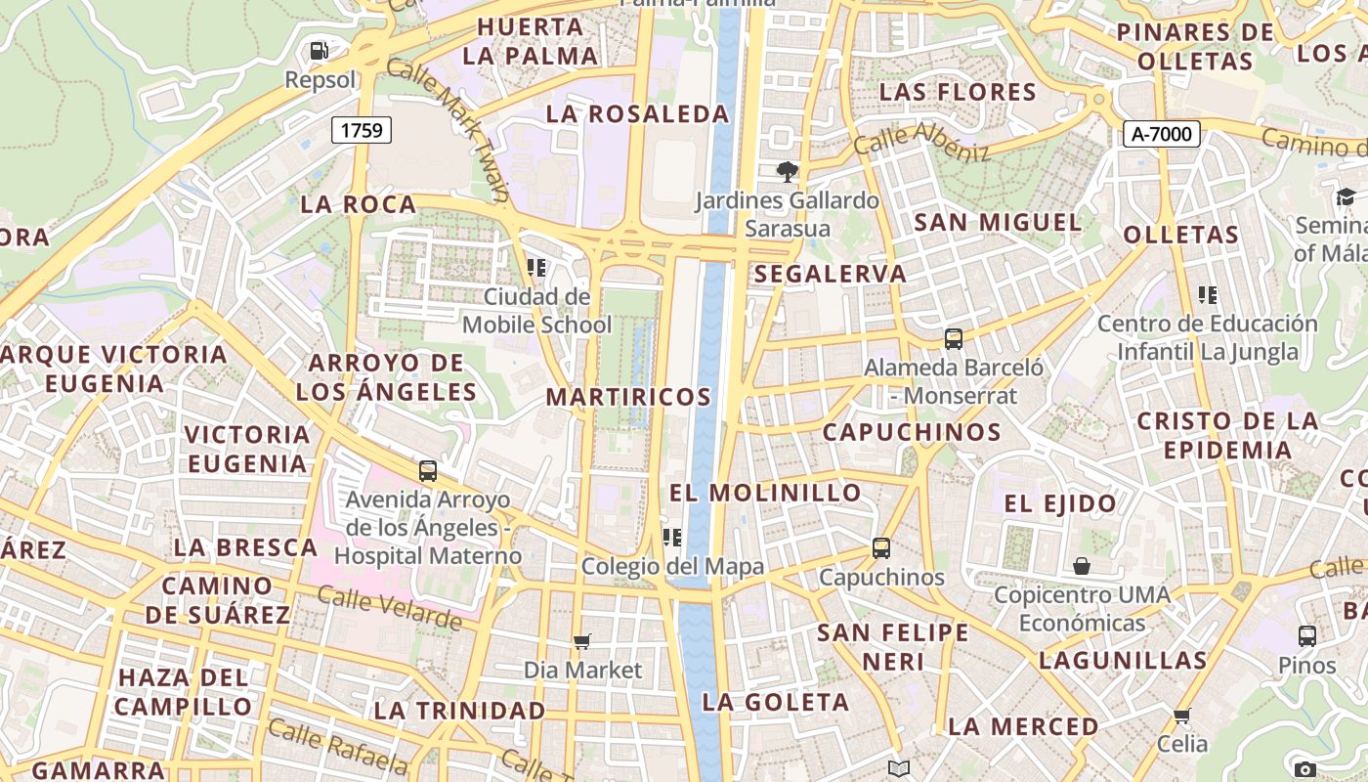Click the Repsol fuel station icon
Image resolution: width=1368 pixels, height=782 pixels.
tap(319, 51)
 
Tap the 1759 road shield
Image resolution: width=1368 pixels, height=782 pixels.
tap(362, 130)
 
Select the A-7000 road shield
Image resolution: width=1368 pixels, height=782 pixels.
tap(1161, 134)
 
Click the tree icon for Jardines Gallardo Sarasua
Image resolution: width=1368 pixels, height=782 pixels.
tap(787, 173)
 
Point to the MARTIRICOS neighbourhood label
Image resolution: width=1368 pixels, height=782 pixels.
tap(628, 397)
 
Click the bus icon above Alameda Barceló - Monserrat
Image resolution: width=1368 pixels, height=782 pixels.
tap(954, 339)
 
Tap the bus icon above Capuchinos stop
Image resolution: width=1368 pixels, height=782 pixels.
tap(881, 548)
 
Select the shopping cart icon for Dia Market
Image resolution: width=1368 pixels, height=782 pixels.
tap(582, 642)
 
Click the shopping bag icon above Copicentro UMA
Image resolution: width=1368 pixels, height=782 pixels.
tap(1082, 566)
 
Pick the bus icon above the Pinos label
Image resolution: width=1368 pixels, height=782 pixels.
tap(1307, 636)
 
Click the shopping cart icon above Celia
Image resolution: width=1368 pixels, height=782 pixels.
tap(1182, 716)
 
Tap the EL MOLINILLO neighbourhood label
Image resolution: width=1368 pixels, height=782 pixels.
tap(765, 493)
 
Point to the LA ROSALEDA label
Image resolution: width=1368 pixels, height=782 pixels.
tap(637, 114)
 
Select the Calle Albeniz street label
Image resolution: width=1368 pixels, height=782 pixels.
tap(921, 142)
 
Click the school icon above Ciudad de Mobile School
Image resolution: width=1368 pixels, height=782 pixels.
tap(535, 267)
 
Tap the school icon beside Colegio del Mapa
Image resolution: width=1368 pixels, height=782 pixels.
tap(671, 537)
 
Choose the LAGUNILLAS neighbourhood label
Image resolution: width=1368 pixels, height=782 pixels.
tap(1123, 661)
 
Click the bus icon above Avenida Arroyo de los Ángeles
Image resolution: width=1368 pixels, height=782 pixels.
tap(428, 471)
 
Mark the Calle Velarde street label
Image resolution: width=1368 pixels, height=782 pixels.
tap(389, 608)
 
